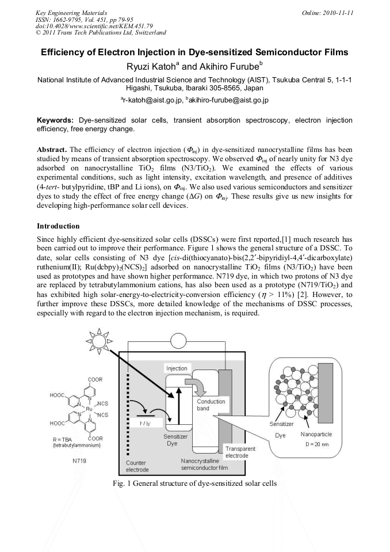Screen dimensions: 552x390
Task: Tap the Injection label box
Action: [x=177, y=368]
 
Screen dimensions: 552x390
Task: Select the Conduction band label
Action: [x=211, y=405]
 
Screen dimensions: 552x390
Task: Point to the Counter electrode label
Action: [x=136, y=466]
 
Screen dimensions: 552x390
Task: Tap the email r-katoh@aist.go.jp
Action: [x=151, y=100]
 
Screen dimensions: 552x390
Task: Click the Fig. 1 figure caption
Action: [x=195, y=483]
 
